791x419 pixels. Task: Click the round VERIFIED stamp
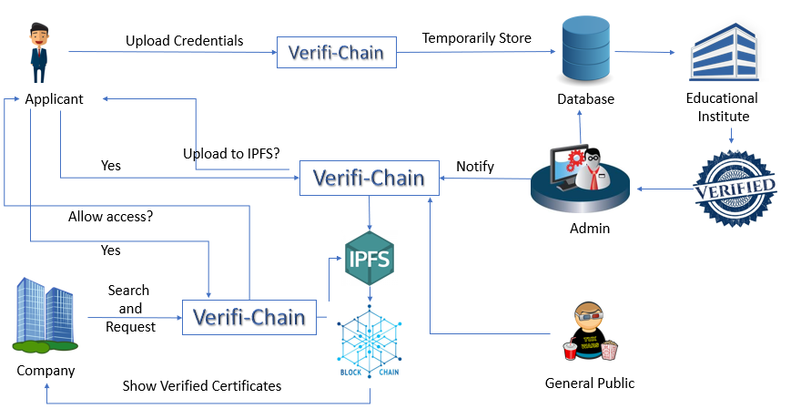click(735, 187)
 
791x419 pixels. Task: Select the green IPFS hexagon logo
click(370, 260)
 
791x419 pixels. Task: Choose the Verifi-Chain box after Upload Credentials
click(336, 52)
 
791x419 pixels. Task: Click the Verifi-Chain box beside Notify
click(369, 178)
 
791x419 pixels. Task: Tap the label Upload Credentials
click(185, 41)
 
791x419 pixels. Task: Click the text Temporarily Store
click(476, 38)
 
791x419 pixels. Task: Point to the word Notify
click(475, 167)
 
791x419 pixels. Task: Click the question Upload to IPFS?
click(231, 153)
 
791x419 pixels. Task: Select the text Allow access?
click(110, 217)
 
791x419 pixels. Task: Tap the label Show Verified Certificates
click(202, 386)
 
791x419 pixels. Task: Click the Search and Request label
click(130, 308)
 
